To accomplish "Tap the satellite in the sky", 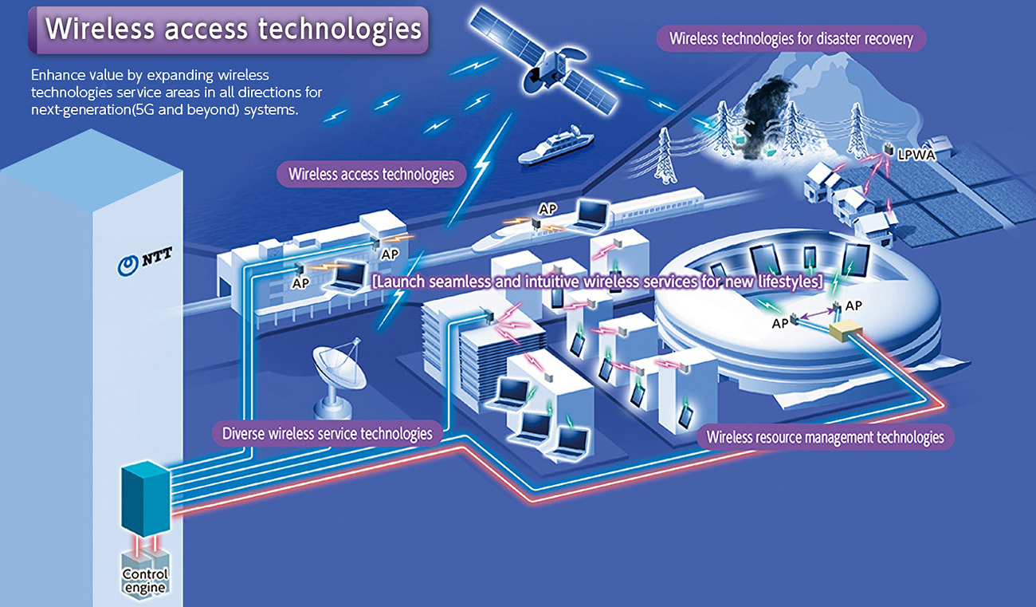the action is click(x=544, y=64).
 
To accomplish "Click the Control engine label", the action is click(x=145, y=581).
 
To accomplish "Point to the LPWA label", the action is click(x=916, y=155).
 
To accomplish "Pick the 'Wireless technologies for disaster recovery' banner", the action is click(x=791, y=38).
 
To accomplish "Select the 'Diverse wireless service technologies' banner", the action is click(x=327, y=433).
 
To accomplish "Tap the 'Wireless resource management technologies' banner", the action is click(x=825, y=437).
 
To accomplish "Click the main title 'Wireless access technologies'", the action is click(x=229, y=30).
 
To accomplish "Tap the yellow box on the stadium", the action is click(x=846, y=330).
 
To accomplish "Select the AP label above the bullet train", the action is click(x=547, y=209).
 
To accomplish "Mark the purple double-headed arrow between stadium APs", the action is click(x=818, y=313).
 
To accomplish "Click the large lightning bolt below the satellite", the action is click(x=481, y=170).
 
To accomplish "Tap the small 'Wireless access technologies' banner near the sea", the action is click(x=371, y=174).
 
